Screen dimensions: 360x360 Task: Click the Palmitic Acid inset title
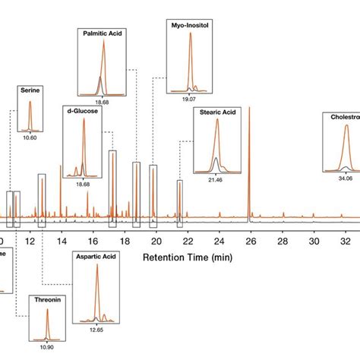click(x=104, y=33)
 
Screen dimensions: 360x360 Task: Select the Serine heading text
click(x=30, y=90)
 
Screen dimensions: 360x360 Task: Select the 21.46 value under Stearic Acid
click(x=215, y=179)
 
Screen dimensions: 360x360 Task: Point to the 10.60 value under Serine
click(x=30, y=137)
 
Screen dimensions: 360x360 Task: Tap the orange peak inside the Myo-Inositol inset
click(x=185, y=61)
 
